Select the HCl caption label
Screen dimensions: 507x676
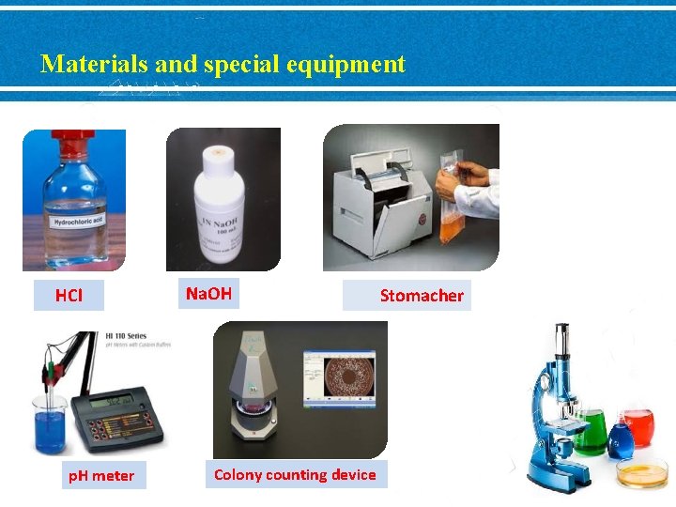point(69,296)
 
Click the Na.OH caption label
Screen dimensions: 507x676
point(208,294)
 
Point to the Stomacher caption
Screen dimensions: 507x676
point(422,296)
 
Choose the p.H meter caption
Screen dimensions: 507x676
point(101,475)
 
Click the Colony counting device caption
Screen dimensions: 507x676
point(295,474)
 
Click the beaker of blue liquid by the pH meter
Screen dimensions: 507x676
point(50,427)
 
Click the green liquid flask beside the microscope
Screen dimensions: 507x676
point(590,435)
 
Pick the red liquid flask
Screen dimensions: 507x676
point(638,427)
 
